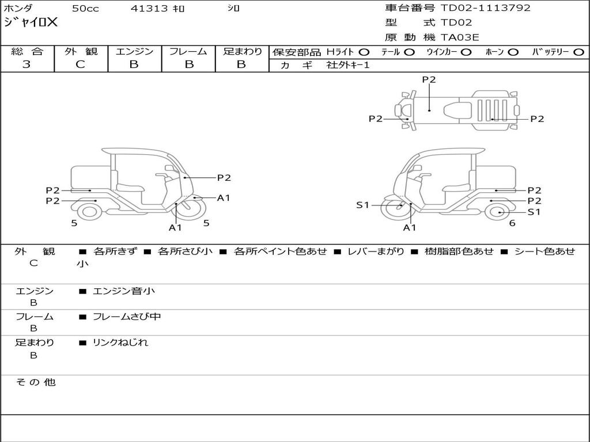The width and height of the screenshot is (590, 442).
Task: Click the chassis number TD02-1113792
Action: pos(485,8)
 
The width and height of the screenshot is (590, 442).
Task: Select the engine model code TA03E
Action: pos(460,37)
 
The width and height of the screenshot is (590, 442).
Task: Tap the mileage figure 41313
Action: pos(149,8)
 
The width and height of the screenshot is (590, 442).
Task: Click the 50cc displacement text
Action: pos(85,8)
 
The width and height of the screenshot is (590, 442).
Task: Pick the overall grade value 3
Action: pos(27,64)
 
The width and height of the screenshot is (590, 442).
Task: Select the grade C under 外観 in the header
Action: pos(80,64)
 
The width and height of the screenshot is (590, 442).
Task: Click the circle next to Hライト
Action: pos(364,52)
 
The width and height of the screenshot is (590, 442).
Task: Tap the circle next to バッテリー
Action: pos(578,52)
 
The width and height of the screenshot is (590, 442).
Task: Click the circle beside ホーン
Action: pos(513,52)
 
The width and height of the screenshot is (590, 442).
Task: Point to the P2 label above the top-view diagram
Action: pos(429,79)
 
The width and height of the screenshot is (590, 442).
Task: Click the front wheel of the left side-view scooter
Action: pos(191,208)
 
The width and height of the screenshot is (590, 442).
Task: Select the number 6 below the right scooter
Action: pos(512,223)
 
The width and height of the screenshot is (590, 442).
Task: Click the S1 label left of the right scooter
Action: pos(363,205)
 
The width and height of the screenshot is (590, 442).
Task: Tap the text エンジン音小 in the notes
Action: pos(124,291)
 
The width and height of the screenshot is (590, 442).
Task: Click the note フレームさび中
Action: pos(127,317)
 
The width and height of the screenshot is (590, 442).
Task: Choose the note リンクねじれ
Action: pos(120,342)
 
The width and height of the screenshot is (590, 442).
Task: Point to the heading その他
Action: pos(35,382)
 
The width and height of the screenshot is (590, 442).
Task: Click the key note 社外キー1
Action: pos(348,65)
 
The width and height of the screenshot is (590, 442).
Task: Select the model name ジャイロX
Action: pos(31,22)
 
